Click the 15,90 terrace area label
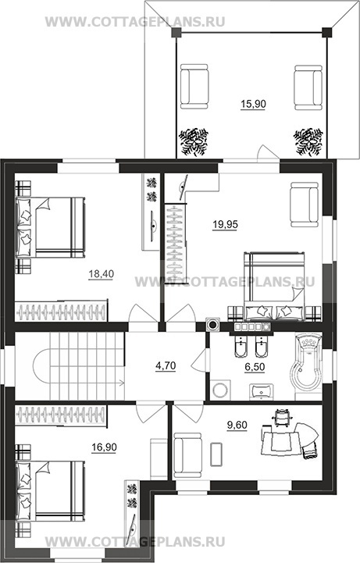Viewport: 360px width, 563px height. (253, 104)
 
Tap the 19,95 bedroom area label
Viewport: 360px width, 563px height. (225, 224)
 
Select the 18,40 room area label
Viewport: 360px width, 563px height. (102, 274)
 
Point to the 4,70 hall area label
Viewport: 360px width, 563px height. (166, 366)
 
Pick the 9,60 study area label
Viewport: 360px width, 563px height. (237, 425)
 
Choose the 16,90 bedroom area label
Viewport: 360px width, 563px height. (104, 447)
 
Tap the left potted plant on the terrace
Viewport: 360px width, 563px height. (194, 141)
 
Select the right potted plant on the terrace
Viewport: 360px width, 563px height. (308, 141)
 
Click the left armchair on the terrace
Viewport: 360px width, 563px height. (194, 86)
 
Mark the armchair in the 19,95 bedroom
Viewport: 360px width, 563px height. (305, 205)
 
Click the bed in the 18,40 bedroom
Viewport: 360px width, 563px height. (50, 227)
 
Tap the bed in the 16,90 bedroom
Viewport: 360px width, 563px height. (50, 491)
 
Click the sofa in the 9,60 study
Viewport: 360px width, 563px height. (187, 455)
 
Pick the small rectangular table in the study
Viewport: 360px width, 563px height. (216, 454)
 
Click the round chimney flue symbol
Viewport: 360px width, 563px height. (213, 325)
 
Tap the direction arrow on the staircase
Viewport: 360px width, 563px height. (120, 383)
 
